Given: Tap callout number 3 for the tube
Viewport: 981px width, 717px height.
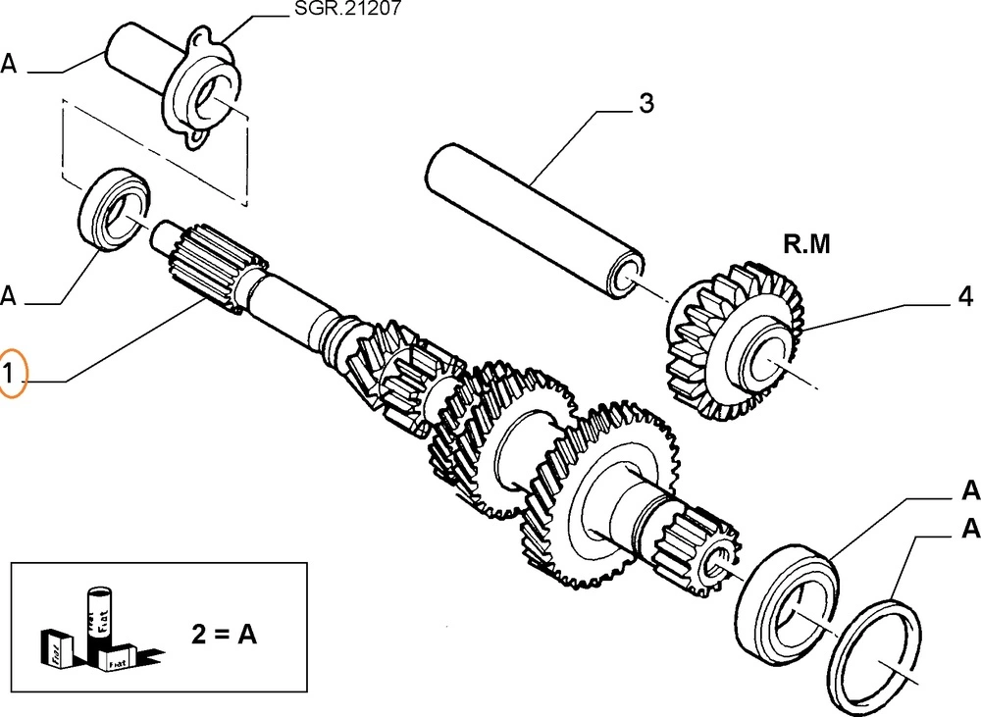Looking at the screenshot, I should (645, 104).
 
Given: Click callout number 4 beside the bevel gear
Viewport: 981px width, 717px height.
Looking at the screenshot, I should (964, 296).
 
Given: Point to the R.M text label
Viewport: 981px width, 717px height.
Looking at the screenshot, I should (806, 245).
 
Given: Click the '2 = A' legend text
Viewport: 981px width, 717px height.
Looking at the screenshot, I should (223, 635).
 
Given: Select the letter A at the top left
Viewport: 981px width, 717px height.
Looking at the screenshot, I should (9, 65).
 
